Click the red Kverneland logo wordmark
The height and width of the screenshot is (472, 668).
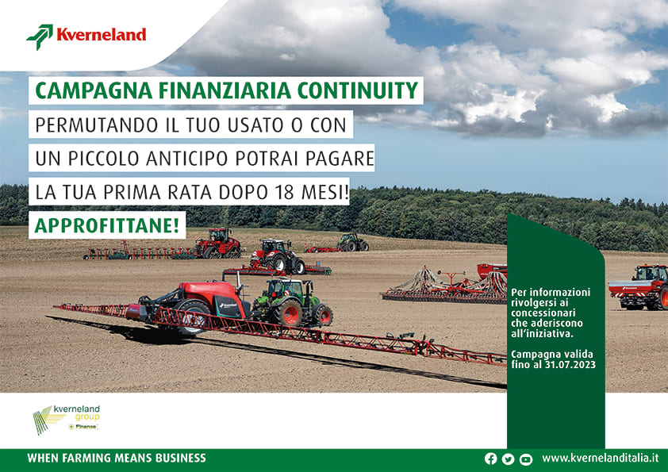[x=102, y=34]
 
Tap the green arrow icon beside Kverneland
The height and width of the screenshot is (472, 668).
[x=40, y=36]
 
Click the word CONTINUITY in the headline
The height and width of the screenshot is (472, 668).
[x=358, y=90]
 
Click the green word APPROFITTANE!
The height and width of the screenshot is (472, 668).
[x=107, y=225]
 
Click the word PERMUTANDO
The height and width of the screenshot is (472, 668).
[x=97, y=125]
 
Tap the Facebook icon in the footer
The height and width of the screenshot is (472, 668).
[x=491, y=459]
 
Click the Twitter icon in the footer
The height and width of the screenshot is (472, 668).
[x=508, y=459]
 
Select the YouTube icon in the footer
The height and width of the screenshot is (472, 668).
[x=526, y=459]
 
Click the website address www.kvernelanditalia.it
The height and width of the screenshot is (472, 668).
[x=600, y=458]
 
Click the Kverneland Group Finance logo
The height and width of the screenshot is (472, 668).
[x=67, y=420]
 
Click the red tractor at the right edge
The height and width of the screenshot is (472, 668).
[x=639, y=286]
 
